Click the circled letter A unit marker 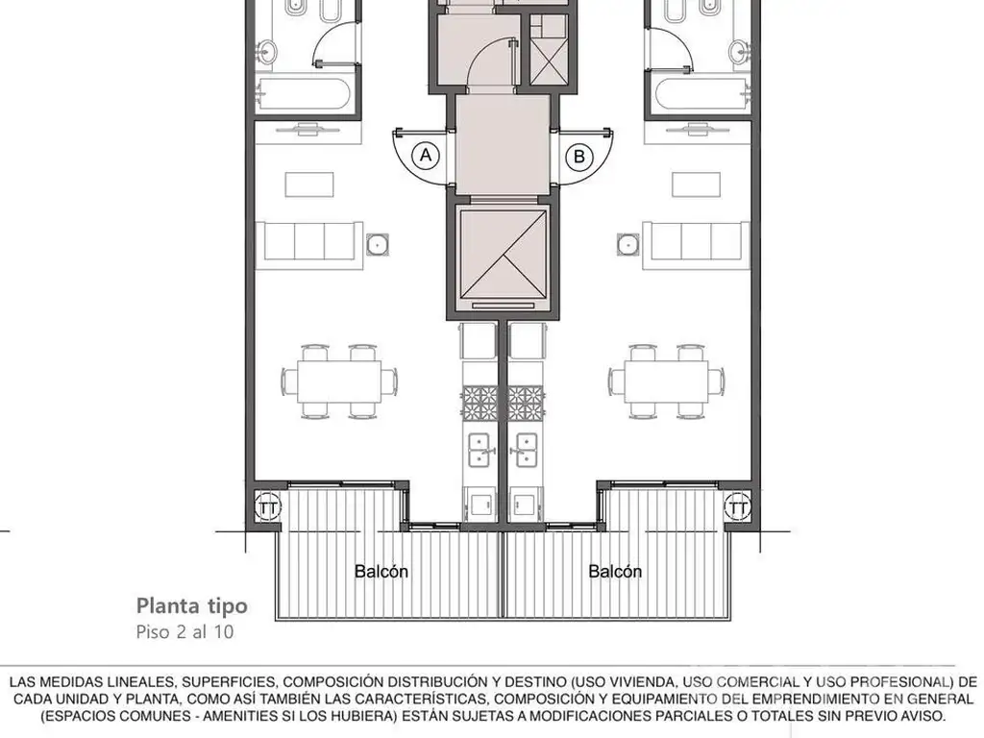point(426,155)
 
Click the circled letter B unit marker point(579,157)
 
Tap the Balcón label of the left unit point(381,571)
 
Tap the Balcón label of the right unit point(615,571)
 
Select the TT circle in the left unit point(268,507)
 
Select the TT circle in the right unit point(738,507)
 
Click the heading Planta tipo point(192,606)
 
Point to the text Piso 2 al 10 point(184,631)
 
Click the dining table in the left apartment point(339,381)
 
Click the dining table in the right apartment point(667,381)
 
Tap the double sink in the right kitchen point(526,451)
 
